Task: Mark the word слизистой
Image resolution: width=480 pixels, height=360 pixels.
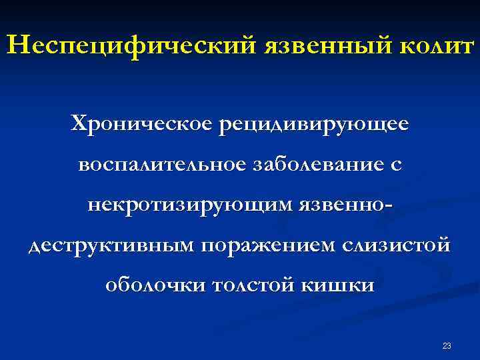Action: (396, 245)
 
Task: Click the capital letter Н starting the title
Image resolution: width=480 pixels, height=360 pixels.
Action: (15, 46)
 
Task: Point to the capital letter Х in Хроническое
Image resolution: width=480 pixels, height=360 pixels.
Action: (79, 123)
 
